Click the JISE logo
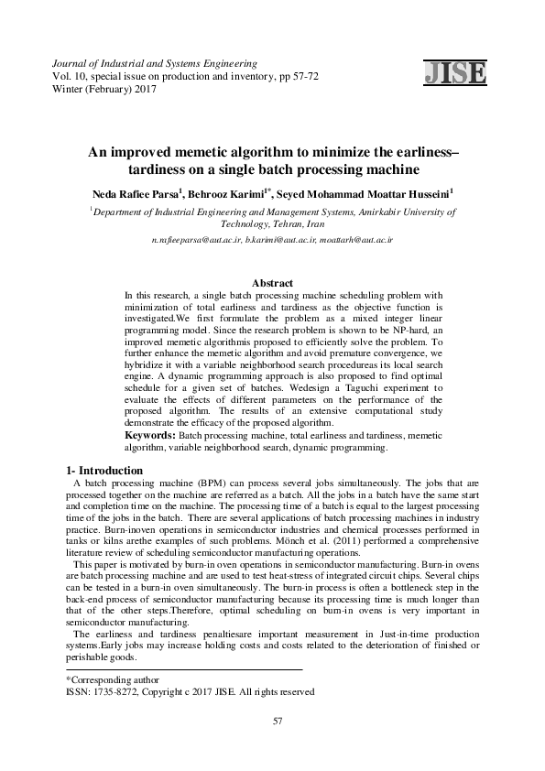pos(455,72)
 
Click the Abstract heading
pos(272,284)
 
